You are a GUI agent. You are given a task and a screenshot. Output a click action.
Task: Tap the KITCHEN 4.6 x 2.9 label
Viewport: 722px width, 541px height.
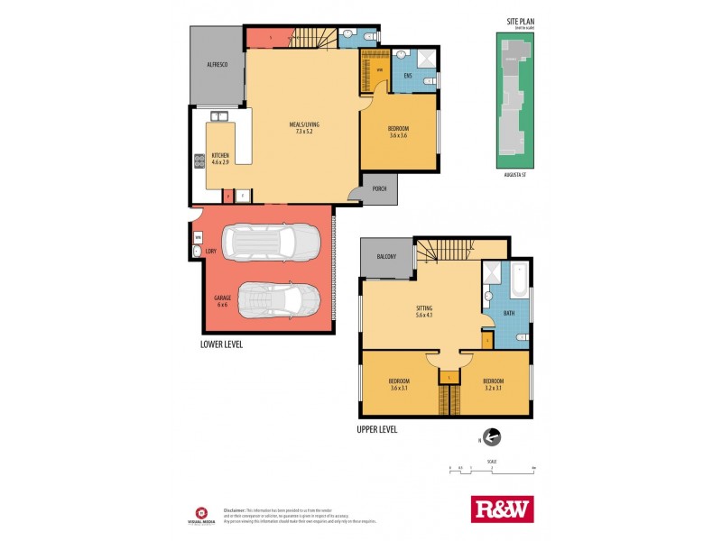221,159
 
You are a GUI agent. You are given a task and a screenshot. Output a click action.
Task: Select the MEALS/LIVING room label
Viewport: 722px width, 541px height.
304,128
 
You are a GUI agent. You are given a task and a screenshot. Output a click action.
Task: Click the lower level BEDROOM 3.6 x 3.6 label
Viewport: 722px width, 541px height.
400,132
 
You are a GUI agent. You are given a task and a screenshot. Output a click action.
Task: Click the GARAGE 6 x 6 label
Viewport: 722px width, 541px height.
222,301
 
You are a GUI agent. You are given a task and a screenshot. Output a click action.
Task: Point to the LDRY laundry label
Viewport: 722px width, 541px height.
210,251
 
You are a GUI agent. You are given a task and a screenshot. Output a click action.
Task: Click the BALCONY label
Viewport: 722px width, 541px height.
386,257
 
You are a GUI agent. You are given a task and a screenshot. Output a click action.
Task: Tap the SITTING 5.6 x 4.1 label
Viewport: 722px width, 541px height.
424,311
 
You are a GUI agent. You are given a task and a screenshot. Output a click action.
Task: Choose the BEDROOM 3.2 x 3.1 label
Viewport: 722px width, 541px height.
492,383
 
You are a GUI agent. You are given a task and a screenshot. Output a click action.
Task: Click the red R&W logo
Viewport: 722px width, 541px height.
503,509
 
